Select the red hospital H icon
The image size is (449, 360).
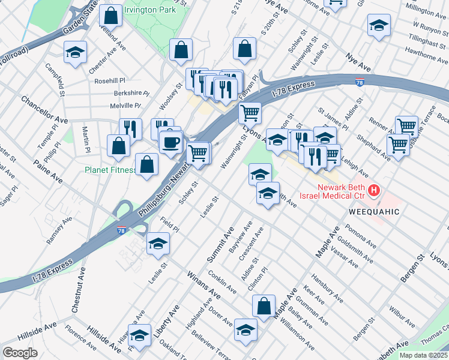coord(374,191)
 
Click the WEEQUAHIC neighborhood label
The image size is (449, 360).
coord(373,212)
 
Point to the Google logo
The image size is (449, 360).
coord(20,353)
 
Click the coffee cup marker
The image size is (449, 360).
coord(171,142)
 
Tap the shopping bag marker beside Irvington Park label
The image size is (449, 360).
coord(110,15)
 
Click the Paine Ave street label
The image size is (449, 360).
coord(48,171)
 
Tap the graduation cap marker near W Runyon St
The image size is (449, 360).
coord(378,26)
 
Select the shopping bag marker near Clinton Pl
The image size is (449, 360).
coord(264,306)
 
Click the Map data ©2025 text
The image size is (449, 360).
coord(424,355)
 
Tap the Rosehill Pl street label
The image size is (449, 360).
coord(107,80)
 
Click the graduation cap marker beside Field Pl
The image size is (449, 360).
coord(158,244)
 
